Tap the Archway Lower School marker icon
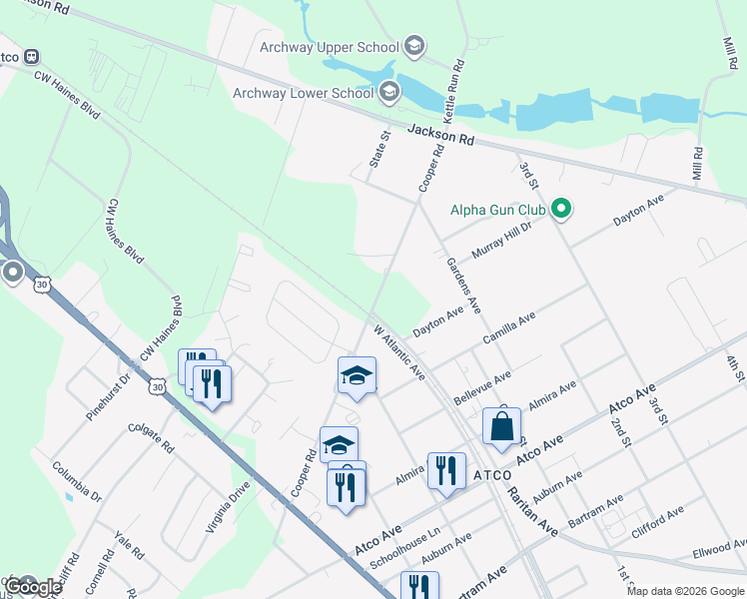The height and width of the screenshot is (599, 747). (x=388, y=94)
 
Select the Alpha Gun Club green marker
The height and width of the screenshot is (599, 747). (x=561, y=210)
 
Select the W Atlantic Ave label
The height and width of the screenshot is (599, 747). (x=399, y=351)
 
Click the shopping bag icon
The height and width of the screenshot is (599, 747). (x=501, y=426)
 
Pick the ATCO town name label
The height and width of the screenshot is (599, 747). (x=492, y=474)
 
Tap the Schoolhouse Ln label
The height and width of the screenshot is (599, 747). (x=405, y=548)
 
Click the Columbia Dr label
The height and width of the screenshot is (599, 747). (x=77, y=480)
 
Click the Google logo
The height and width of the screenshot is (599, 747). (x=33, y=587)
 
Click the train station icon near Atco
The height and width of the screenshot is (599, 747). (x=31, y=57)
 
